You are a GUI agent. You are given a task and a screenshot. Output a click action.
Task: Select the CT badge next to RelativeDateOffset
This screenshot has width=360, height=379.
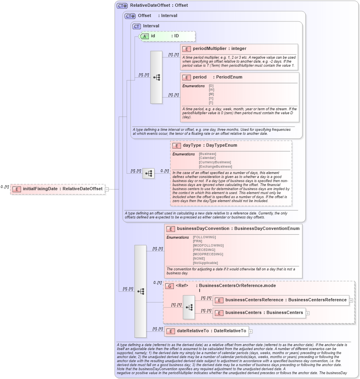tap(122, 6)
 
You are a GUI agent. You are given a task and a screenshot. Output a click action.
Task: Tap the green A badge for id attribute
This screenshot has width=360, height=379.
tap(145, 36)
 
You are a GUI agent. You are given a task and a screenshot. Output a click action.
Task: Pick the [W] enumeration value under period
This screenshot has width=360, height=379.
tap(211, 90)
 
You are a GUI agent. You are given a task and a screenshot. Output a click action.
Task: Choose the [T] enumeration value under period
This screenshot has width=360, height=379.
tap(211, 103)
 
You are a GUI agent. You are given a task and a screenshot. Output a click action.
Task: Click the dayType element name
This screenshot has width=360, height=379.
tap(192, 145)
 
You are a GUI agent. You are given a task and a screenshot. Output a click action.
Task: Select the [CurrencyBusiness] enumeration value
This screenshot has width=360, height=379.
tap(215, 162)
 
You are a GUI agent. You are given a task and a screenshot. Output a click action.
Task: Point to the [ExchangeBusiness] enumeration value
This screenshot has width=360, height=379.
tap(215, 167)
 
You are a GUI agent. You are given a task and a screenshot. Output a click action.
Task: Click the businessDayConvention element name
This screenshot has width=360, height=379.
tap(203, 229)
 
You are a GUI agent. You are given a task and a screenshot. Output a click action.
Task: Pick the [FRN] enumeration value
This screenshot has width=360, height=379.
tap(197, 241)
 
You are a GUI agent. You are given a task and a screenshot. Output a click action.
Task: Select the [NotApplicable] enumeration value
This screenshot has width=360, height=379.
tap(205, 263)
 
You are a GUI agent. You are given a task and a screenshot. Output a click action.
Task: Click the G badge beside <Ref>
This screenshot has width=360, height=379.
tap(169, 286)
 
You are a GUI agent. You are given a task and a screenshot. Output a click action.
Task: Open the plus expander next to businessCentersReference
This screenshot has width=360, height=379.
tap(351, 301)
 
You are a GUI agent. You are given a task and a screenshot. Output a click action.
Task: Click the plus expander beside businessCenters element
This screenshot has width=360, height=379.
tap(308, 313)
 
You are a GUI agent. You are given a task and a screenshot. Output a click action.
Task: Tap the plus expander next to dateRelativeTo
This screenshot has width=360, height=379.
tap(250, 331)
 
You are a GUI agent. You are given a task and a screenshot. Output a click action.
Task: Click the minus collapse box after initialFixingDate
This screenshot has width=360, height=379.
tap(107, 189)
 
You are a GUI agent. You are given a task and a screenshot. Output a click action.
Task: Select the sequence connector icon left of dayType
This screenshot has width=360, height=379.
tap(148, 173)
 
